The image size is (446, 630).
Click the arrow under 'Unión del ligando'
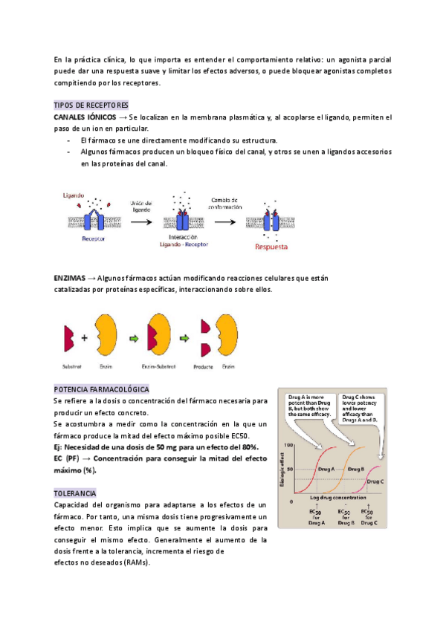pyautogui.click(x=141, y=221)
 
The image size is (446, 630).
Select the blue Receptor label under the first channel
pyautogui.click(x=93, y=238)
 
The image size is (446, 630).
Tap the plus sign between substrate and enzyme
pyautogui.click(x=84, y=337)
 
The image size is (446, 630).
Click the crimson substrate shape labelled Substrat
pyautogui.click(x=68, y=337)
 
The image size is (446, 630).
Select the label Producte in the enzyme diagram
pyautogui.click(x=203, y=366)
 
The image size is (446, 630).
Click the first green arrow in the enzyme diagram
pyautogui.click(x=133, y=337)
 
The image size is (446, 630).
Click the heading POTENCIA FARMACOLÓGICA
pyautogui.click(x=102, y=389)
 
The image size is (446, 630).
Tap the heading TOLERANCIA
pyautogui.click(x=74, y=493)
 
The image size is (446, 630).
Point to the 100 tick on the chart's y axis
pyautogui.click(x=290, y=445)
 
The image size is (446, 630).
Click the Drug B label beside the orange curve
pyautogui.click(x=355, y=470)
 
